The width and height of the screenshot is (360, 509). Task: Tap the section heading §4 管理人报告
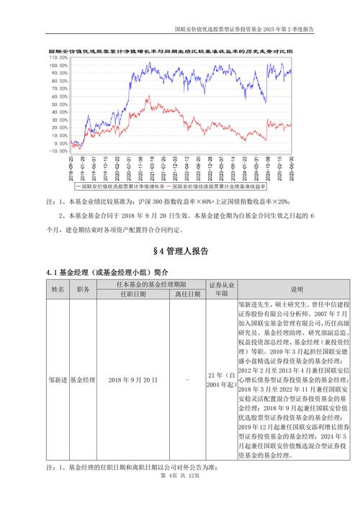point(180,251)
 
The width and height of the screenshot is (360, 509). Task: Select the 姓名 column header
point(58,289)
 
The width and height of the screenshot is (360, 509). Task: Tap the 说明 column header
point(276,289)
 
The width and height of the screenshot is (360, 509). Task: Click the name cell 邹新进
point(58,379)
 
